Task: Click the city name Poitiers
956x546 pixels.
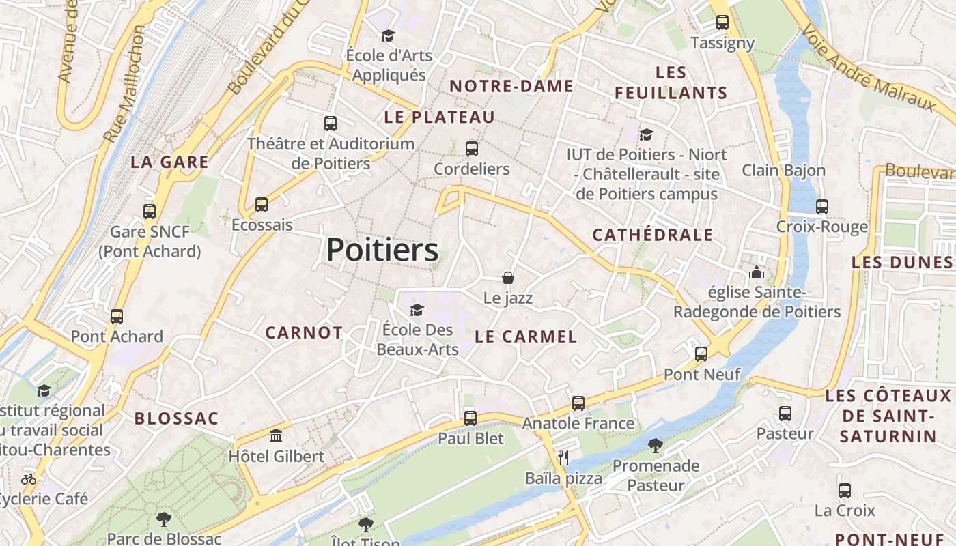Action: [382, 250]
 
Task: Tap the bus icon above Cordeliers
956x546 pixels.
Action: [471, 149]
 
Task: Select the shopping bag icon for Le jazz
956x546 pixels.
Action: [507, 278]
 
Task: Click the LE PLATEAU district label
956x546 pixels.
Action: [439, 117]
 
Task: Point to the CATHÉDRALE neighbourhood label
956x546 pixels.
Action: [652, 235]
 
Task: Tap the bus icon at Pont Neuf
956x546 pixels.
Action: [701, 354]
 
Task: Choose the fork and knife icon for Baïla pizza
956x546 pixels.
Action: [563, 458]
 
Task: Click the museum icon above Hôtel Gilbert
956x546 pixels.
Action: [276, 435]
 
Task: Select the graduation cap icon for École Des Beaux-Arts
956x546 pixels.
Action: [417, 311]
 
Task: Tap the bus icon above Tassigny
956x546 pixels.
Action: [722, 23]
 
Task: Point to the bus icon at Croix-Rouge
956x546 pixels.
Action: [821, 207]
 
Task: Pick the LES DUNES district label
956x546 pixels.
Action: [902, 263]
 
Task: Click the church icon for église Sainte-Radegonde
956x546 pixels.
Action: [757, 273]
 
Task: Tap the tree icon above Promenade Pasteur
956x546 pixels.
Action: [656, 446]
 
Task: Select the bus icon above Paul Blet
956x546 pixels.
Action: [470, 418]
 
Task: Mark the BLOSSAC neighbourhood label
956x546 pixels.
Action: [176, 419]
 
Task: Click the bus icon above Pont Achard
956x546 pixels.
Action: [117, 317]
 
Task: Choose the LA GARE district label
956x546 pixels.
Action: [169, 162]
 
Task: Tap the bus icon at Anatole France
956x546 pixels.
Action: [578, 403]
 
